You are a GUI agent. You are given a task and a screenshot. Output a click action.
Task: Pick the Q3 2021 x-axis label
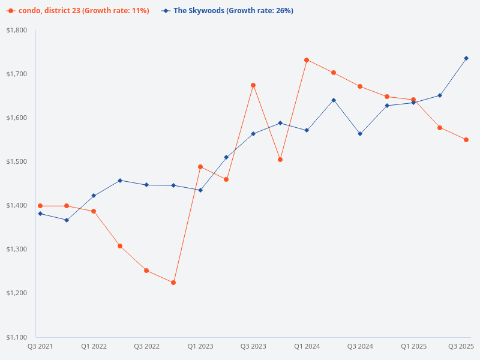[40, 346]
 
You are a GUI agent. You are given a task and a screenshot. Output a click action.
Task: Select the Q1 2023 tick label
[200, 346]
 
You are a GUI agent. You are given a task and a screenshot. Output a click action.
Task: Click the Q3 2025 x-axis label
[461, 346]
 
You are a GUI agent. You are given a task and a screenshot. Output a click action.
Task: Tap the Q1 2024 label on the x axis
[307, 346]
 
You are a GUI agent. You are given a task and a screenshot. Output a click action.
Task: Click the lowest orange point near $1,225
[173, 283]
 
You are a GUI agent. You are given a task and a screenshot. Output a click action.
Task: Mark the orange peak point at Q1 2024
[307, 60]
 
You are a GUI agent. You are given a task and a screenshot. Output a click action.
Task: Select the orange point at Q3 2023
[253, 85]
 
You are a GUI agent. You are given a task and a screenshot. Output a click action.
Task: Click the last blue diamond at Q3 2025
[466, 58]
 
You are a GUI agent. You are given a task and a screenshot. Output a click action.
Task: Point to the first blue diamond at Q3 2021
[40, 214]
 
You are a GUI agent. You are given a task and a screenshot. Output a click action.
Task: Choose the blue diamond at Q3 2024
[360, 134]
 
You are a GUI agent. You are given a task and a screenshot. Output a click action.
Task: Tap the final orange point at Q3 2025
[466, 140]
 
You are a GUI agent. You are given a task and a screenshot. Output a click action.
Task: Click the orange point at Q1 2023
[200, 167]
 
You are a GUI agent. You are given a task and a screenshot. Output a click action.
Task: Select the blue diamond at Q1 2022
[94, 196]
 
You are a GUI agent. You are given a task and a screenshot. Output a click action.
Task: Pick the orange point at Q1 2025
[413, 100]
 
